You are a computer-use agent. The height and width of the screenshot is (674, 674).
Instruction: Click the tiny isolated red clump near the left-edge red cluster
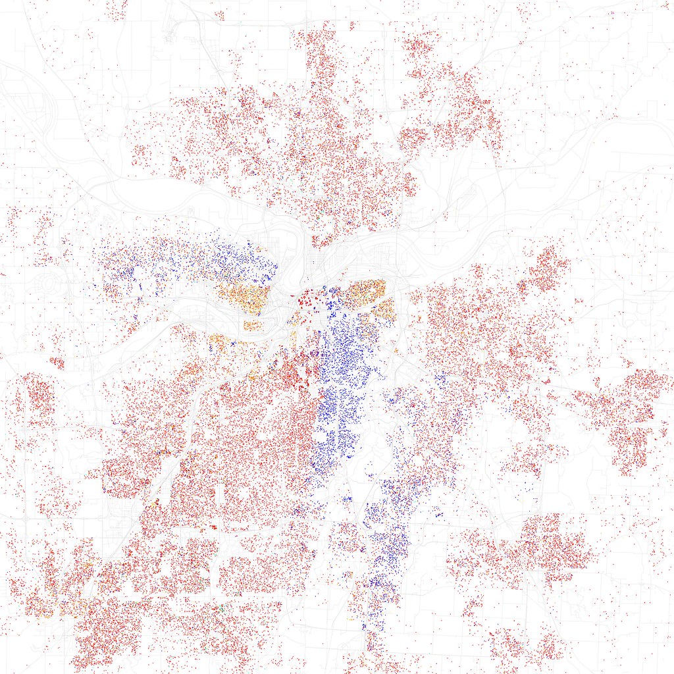tap(57, 363)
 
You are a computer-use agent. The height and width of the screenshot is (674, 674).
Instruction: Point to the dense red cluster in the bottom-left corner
tap(99, 632)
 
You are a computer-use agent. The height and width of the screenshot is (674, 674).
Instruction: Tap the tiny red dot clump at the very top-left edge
tap(117, 9)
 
